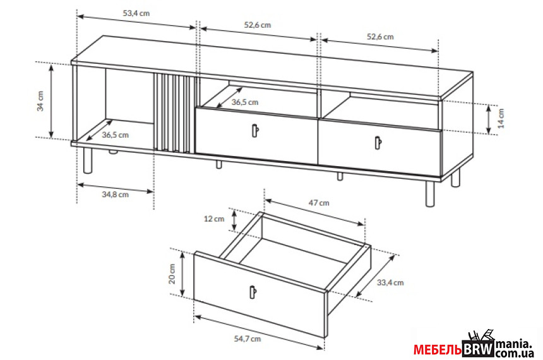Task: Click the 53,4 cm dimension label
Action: coord(136,13)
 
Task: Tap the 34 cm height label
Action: coord(40,101)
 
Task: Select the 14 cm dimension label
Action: coord(501,118)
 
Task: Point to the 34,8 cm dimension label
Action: coord(116,195)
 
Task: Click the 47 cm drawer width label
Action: coord(319,203)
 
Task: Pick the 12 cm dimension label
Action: coord(214,219)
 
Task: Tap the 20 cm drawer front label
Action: coord(172,273)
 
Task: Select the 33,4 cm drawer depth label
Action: coord(390,282)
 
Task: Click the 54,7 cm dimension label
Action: coord(248,339)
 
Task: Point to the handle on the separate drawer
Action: coord(253,291)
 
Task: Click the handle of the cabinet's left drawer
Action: coord(255,131)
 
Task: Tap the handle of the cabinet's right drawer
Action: coord(378,142)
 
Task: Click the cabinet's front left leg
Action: coord(88,160)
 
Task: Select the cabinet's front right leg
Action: coord(430,194)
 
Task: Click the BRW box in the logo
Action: coord(478,349)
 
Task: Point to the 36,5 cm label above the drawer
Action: coord(245,102)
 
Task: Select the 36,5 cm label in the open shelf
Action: coord(116,135)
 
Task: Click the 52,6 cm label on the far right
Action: coord(380,37)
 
